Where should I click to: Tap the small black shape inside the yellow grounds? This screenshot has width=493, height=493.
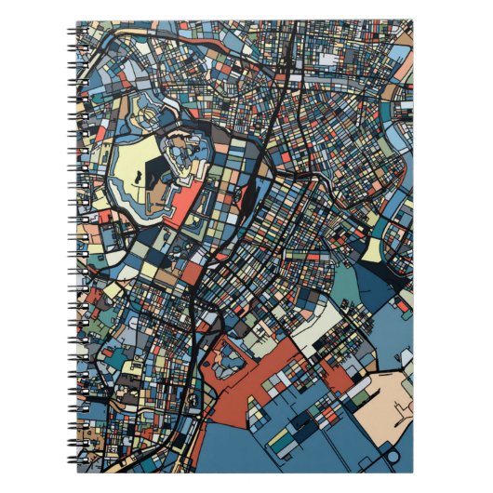[x=138, y=175]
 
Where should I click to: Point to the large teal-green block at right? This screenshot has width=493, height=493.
[x=345, y=283]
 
